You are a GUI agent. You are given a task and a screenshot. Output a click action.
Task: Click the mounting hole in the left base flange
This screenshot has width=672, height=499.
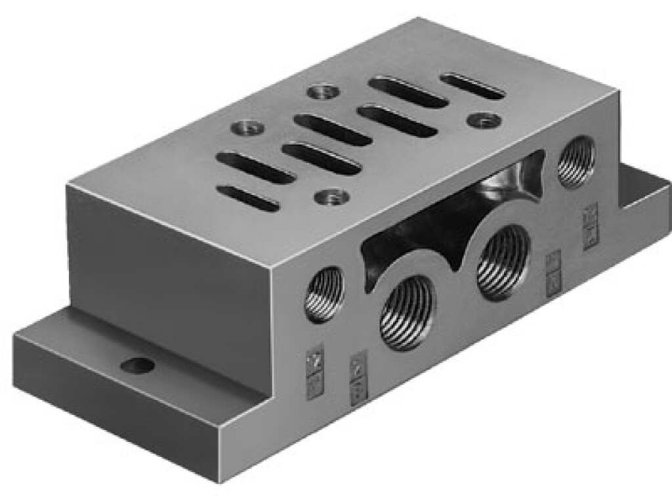tap(139, 364)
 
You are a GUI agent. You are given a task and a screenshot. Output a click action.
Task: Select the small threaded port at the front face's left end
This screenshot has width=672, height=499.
tap(324, 293)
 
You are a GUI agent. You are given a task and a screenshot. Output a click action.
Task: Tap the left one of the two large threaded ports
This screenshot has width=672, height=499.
tap(409, 309)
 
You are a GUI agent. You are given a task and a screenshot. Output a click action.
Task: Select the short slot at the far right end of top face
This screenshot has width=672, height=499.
tap(472, 86)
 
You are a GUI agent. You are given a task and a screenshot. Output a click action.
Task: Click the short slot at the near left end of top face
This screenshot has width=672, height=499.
tap(248, 198)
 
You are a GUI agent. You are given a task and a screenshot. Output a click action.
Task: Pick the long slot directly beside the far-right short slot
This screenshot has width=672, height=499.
tap(408, 93)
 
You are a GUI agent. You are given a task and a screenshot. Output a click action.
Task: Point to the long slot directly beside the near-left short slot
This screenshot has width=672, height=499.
tap(255, 167)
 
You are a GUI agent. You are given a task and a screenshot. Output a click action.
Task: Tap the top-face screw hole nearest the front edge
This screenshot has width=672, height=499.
tap(327, 195)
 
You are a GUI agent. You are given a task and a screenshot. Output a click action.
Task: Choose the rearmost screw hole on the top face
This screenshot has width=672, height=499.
tap(322, 91)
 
